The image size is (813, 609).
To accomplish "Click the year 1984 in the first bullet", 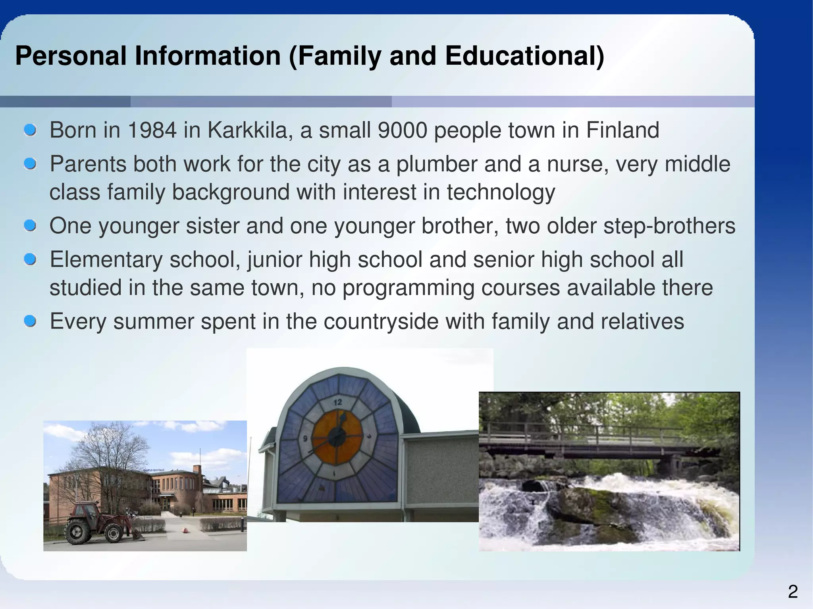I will (152, 130).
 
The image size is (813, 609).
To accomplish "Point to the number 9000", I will (403, 130).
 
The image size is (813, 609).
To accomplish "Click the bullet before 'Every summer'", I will (30, 321).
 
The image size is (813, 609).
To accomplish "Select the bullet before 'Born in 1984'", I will (30, 130).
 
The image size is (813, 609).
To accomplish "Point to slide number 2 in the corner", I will (792, 592).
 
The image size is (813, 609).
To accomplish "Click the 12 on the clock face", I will (337, 402).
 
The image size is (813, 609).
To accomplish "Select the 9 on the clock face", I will (305, 439).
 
